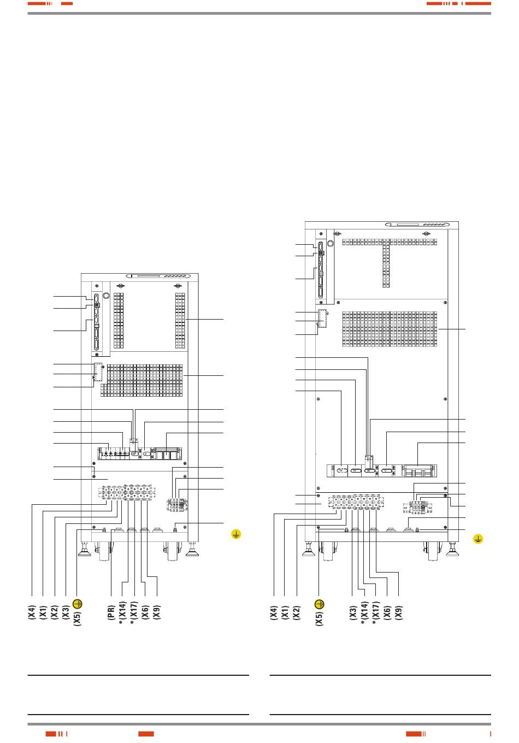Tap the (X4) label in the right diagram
(x=274, y=612)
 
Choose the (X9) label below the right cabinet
(x=399, y=612)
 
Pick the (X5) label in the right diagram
(x=320, y=618)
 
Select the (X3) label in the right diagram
(x=353, y=612)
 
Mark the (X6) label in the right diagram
(x=387, y=612)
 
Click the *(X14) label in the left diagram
(x=122, y=614)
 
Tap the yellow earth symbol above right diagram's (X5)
(x=320, y=604)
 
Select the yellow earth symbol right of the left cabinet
(x=236, y=534)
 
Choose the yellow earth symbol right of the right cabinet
(x=477, y=539)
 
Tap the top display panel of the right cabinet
(x=418, y=225)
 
